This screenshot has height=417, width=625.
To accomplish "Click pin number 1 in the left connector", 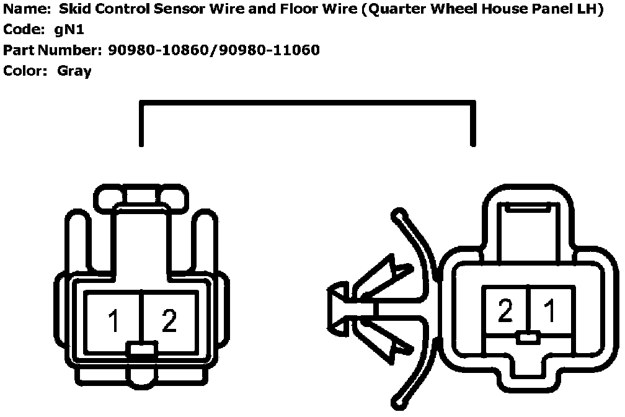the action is pyautogui.click(x=113, y=321).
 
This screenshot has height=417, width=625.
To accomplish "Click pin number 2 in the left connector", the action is pyautogui.click(x=169, y=321).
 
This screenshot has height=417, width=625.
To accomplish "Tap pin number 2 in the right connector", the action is pyautogui.click(x=505, y=311).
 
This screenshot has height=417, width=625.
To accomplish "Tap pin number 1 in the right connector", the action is pyautogui.click(x=549, y=311).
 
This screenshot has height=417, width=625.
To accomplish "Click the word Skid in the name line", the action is pyautogui.click(x=72, y=11).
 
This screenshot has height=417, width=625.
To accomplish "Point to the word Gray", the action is pyautogui.click(x=74, y=71).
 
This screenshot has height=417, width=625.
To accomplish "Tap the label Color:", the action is pyautogui.click(x=25, y=71).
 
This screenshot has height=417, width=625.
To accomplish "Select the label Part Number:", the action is pyautogui.click(x=52, y=50).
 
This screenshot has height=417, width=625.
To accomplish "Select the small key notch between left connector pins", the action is pyautogui.click(x=142, y=349).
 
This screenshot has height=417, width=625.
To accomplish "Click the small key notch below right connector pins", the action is pyautogui.click(x=527, y=338).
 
